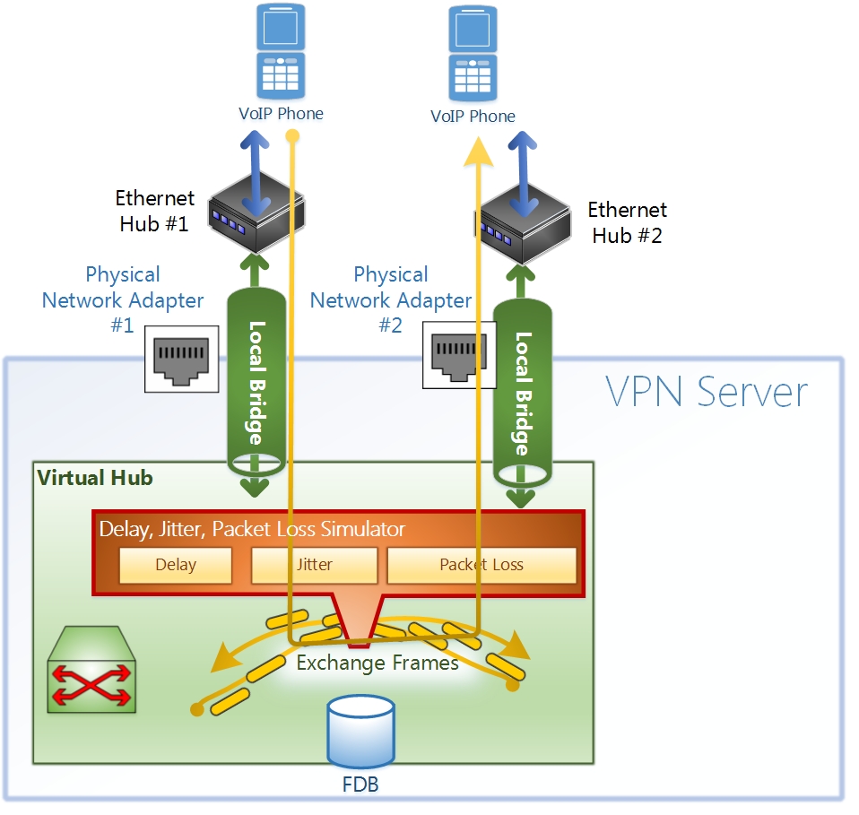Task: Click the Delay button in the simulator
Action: pyautogui.click(x=176, y=565)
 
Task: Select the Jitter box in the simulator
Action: pyautogui.click(x=314, y=565)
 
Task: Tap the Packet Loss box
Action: pyautogui.click(x=482, y=565)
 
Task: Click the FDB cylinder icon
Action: pyautogui.click(x=361, y=731)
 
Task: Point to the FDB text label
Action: pyautogui.click(x=360, y=785)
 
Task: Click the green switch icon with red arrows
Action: pyautogui.click(x=92, y=671)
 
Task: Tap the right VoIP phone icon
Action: pyautogui.click(x=473, y=54)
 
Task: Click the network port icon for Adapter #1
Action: pyautogui.click(x=182, y=359)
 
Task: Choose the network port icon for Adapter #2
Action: pyautogui.click(x=459, y=356)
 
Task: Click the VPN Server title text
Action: pyautogui.click(x=707, y=393)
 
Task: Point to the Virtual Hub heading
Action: pyautogui.click(x=95, y=477)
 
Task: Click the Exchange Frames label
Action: pyautogui.click(x=377, y=663)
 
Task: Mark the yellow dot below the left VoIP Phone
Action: pyautogui.click(x=291, y=136)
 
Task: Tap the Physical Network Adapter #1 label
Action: pyautogui.click(x=123, y=299)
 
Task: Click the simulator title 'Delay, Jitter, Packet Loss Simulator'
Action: pyautogui.click(x=252, y=529)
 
